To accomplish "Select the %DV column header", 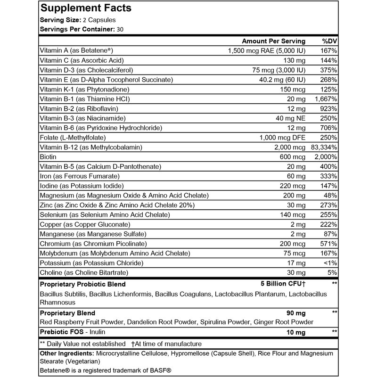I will coord(328,41).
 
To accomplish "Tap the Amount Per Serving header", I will coord(273,41).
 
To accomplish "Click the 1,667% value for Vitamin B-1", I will coord(325,99).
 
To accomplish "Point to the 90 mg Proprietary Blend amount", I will coord(296,313).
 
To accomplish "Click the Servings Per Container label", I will coord(76,29).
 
